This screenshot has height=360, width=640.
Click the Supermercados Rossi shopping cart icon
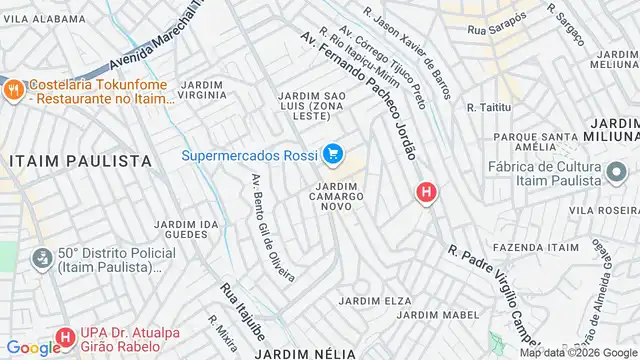pyautogui.click(x=333, y=155)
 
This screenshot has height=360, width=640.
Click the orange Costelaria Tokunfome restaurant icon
pyautogui.click(x=13, y=87)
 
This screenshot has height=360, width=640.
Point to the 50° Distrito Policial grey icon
pyautogui.click(x=41, y=259)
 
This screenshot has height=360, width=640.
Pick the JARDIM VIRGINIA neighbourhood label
pyautogui.click(x=207, y=89)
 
